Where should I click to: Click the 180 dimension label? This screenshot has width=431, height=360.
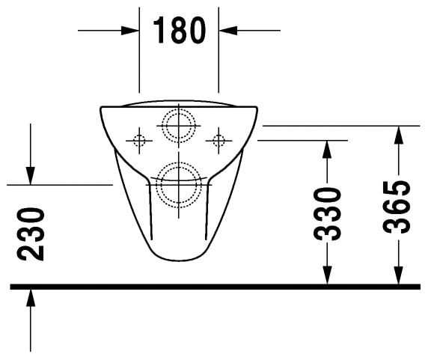[x=179, y=30]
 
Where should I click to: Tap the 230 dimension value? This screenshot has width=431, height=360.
[x=31, y=234]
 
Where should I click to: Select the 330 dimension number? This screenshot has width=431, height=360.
[x=327, y=213]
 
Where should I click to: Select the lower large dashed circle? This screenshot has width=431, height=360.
[x=179, y=184]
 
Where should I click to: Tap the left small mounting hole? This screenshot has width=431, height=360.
[x=138, y=140]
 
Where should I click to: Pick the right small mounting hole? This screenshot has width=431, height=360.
[x=218, y=140]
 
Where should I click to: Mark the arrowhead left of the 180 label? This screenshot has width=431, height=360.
[x=132, y=31]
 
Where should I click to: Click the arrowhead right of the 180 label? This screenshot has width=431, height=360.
[x=226, y=31]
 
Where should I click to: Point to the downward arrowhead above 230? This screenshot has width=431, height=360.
[x=31, y=176]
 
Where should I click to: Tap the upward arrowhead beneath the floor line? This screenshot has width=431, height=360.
[x=31, y=297]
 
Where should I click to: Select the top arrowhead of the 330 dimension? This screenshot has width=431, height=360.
[x=326, y=148]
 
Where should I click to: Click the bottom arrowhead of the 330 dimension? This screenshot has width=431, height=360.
[x=326, y=276]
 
